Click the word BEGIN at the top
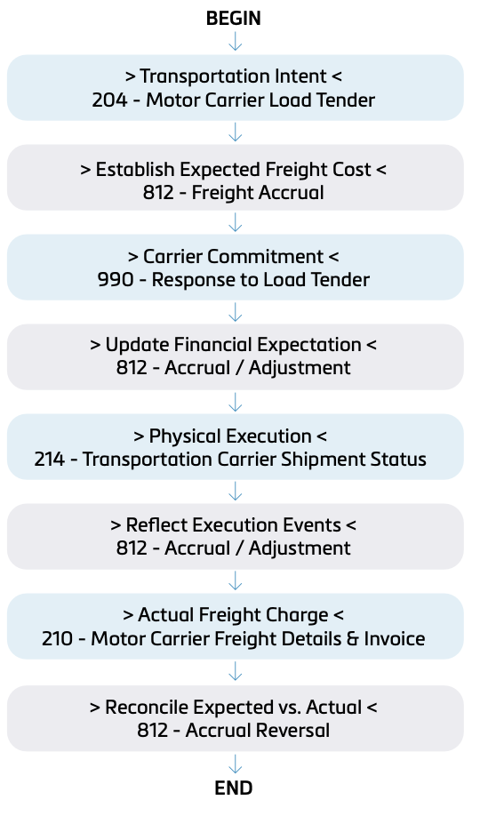tap(234, 18)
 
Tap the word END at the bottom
tap(234, 788)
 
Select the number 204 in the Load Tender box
tap(109, 100)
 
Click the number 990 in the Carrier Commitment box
tap(116, 279)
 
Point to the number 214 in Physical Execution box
tap(50, 459)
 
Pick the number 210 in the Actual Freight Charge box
tap(57, 638)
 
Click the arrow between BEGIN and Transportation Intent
tap(236, 41)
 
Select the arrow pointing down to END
tap(236, 764)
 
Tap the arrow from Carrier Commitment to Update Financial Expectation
tap(236, 312)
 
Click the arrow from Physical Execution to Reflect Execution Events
tap(236, 492)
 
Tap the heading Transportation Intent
tap(233, 76)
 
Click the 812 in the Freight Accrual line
tap(158, 193)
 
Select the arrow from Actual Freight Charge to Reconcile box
tap(236, 671)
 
